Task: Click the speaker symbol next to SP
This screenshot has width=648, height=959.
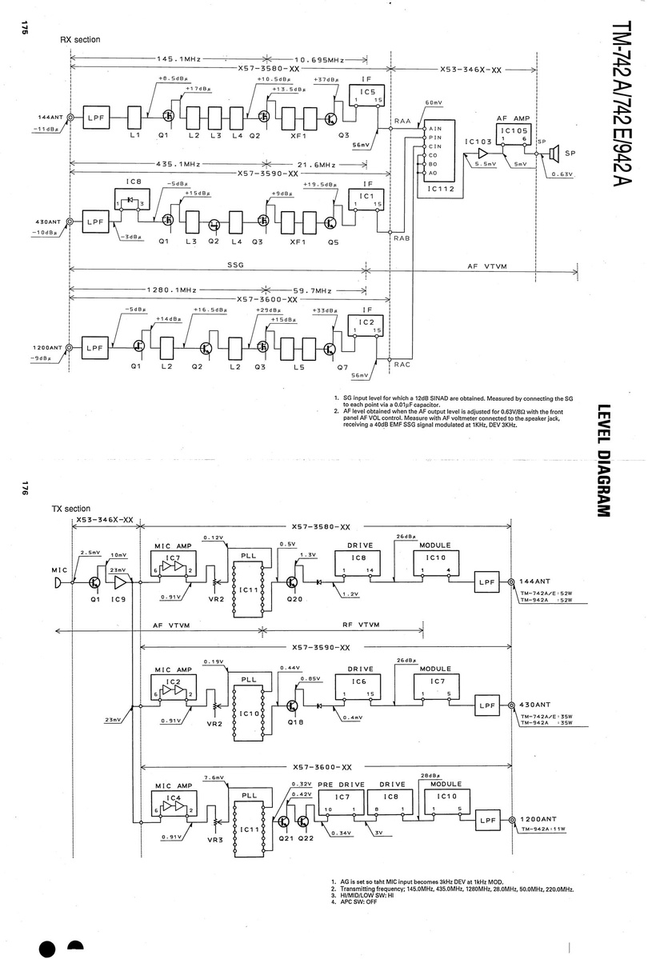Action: (550, 153)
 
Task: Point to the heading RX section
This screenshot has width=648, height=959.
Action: (81, 39)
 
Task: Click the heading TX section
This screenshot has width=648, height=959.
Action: (71, 509)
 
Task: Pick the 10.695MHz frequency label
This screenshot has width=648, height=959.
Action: (319, 60)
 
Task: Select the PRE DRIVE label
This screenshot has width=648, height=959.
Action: (337, 785)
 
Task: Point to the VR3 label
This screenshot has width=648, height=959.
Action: (214, 840)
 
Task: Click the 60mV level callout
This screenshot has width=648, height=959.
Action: (434, 104)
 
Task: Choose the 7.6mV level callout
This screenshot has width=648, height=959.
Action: (214, 778)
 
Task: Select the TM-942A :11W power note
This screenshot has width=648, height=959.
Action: (543, 829)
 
